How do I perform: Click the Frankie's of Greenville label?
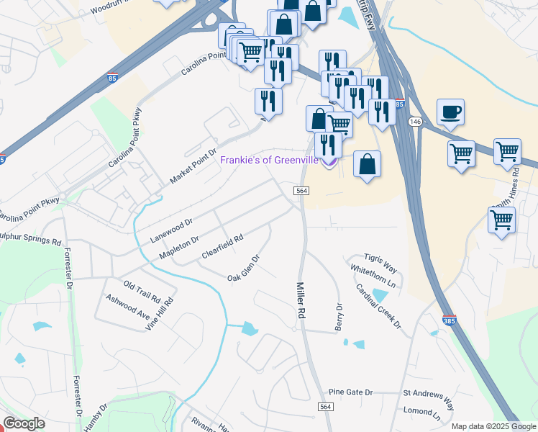[269, 160]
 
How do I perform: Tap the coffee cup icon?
[450, 112]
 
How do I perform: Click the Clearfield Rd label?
[222, 248]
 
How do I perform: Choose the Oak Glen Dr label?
[243, 269]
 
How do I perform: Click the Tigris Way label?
[380, 263]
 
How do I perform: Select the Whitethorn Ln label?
[373, 276]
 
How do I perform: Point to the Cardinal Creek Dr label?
[378, 304]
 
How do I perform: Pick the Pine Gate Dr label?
[350, 392]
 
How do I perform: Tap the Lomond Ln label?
[422, 415]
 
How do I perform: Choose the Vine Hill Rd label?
[160, 316]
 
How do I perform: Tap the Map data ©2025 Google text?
[493, 426]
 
